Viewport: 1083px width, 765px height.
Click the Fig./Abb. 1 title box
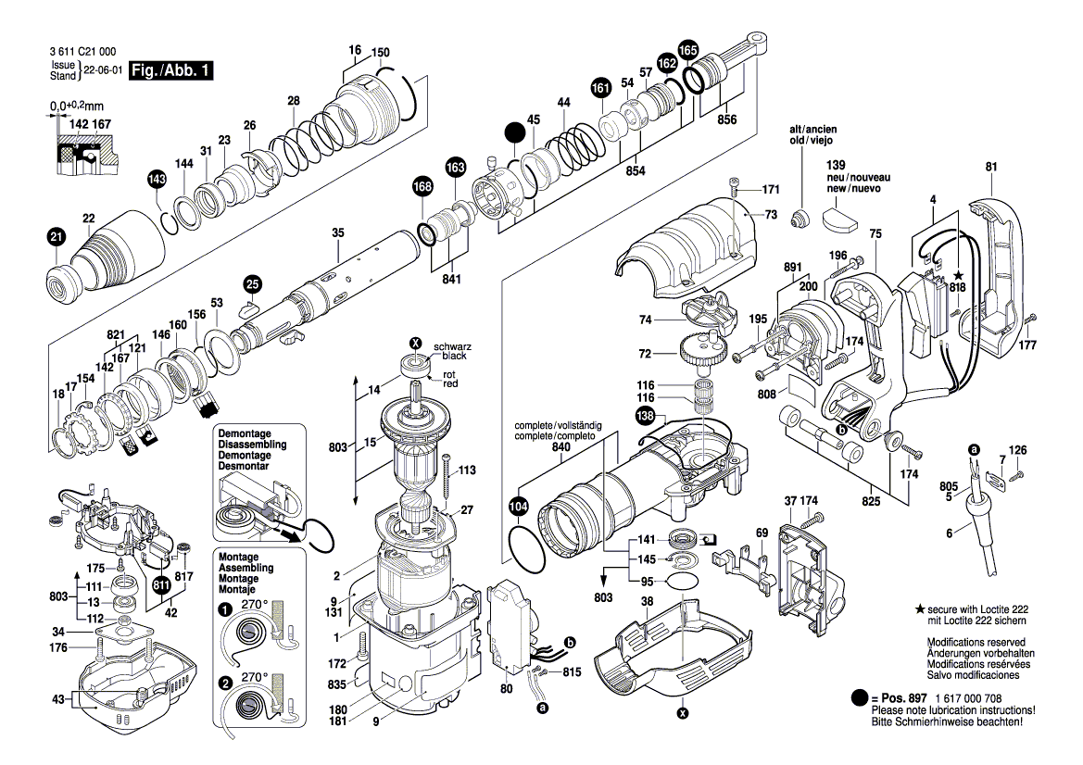[171, 71]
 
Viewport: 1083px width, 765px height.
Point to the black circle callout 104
[518, 507]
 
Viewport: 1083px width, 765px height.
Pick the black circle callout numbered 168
[422, 187]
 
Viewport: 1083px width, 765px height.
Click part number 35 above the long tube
[338, 232]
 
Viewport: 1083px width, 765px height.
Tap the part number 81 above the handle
[991, 167]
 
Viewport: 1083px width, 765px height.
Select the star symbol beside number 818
[958, 276]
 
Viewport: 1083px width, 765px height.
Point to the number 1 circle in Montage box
[224, 609]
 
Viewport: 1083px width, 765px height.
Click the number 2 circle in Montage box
[224, 683]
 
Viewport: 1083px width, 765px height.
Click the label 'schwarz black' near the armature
[454, 350]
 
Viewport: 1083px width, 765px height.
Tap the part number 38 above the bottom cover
[648, 600]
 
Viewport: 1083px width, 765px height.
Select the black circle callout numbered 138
[645, 417]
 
